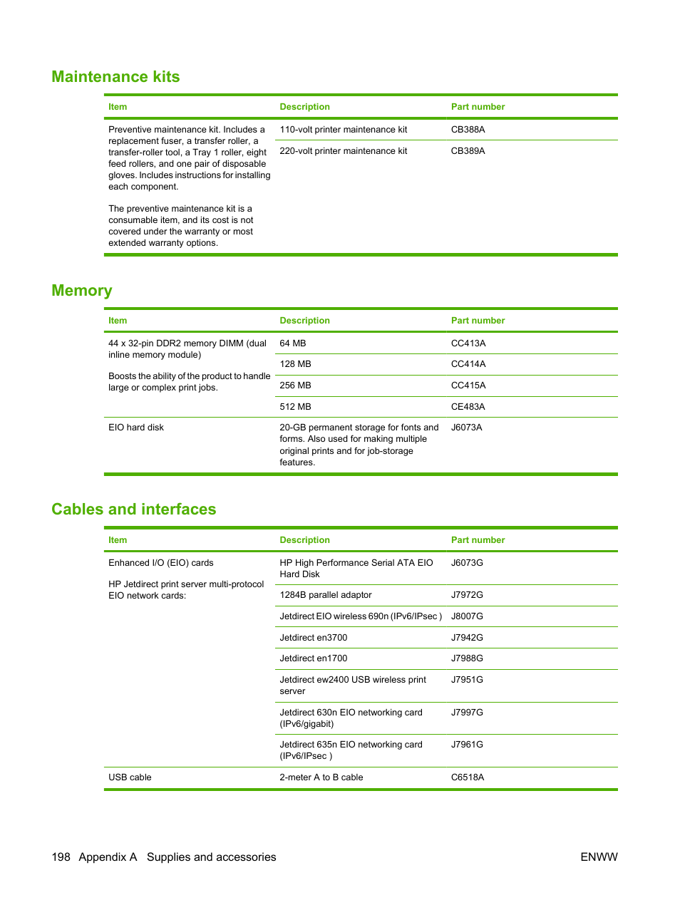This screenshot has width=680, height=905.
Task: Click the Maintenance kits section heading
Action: tap(115, 77)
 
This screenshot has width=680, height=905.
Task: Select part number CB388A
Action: tap(468, 130)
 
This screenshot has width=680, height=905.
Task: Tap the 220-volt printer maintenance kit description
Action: tap(343, 151)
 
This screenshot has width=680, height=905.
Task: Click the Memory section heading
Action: tap(82, 291)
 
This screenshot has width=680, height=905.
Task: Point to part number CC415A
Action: tap(468, 386)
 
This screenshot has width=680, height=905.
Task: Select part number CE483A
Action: tap(468, 407)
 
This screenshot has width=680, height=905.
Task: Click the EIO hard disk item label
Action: tap(136, 428)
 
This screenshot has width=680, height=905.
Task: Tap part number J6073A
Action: tap(466, 428)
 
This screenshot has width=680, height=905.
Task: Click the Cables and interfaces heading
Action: tap(133, 510)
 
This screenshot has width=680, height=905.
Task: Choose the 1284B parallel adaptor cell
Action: tap(325, 595)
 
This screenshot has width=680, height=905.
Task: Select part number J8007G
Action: tap(467, 616)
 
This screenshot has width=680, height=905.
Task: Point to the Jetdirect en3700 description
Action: tap(313, 638)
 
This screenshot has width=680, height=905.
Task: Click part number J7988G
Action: tap(467, 658)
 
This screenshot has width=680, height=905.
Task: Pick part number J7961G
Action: tap(467, 745)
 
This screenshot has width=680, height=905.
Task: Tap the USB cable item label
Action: tap(130, 777)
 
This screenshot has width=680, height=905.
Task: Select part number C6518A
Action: tap(467, 777)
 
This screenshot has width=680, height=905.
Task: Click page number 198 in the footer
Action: tap(61, 857)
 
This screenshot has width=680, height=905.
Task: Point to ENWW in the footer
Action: tap(599, 857)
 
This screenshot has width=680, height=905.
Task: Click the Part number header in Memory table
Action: tap(478, 321)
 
